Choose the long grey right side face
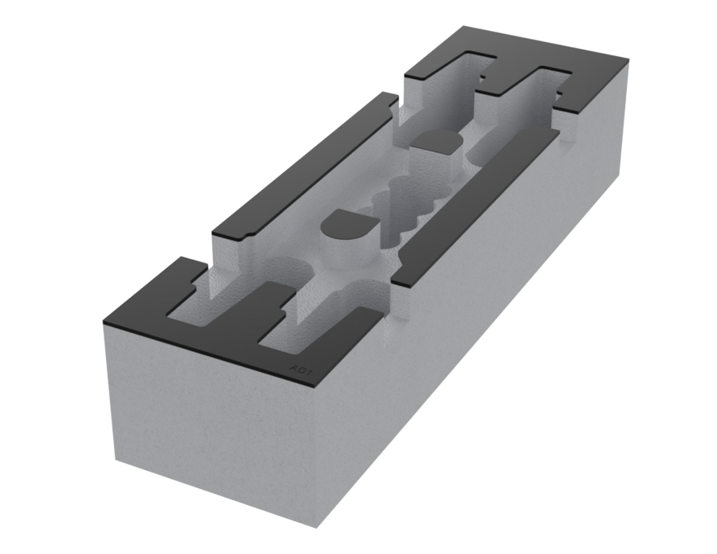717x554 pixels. click(491, 317)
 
